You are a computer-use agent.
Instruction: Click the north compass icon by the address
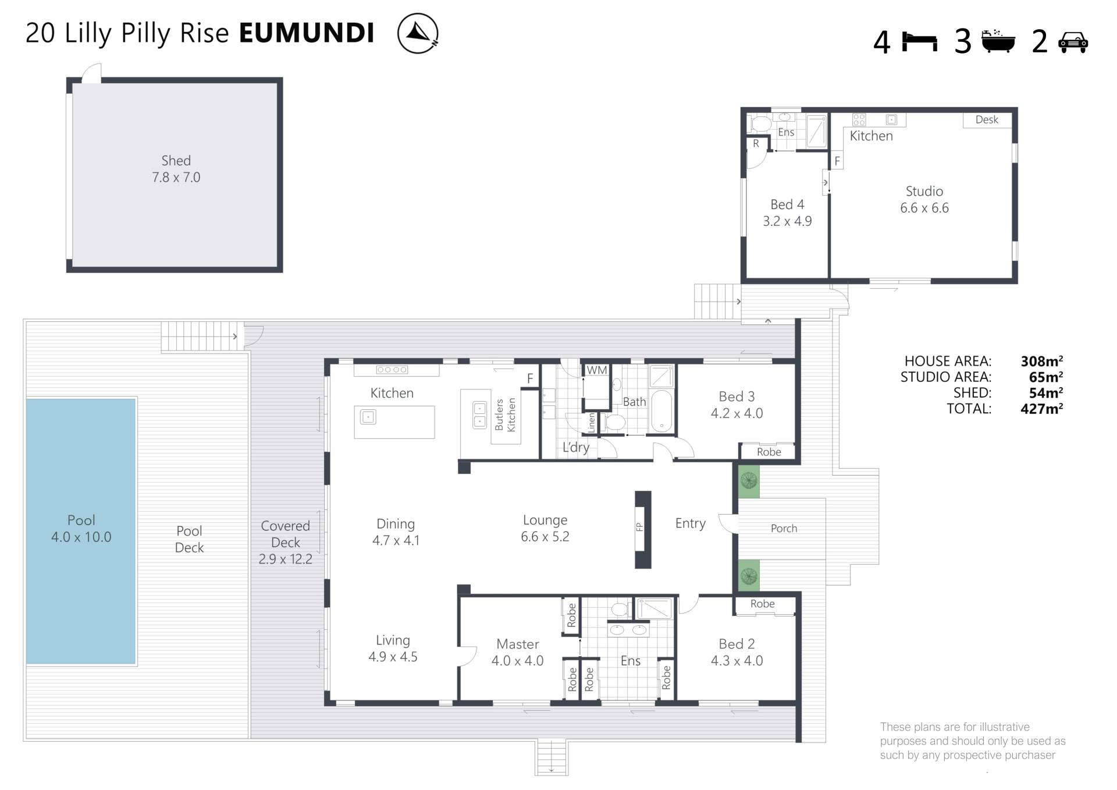tap(418, 33)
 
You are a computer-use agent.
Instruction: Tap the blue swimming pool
tap(81, 530)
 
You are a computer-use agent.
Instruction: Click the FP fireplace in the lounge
tap(643, 529)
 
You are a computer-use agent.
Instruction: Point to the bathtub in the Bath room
tap(661, 411)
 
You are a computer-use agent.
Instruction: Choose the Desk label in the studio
tap(987, 119)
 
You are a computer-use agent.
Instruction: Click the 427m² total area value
tap(1041, 409)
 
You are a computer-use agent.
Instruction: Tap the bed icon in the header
tap(920, 42)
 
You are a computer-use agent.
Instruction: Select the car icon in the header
tap(1073, 42)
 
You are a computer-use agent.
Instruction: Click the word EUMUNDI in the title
tap(307, 33)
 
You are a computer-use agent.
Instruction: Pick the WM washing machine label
tap(596, 370)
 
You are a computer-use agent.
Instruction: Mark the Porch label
tap(784, 529)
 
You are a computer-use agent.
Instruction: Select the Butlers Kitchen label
tap(505, 415)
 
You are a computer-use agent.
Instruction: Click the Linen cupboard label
tap(592, 422)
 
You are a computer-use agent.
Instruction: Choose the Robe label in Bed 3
tap(769, 452)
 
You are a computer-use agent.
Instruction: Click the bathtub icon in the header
tap(998, 41)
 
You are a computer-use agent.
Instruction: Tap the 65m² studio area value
tap(1045, 377)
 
